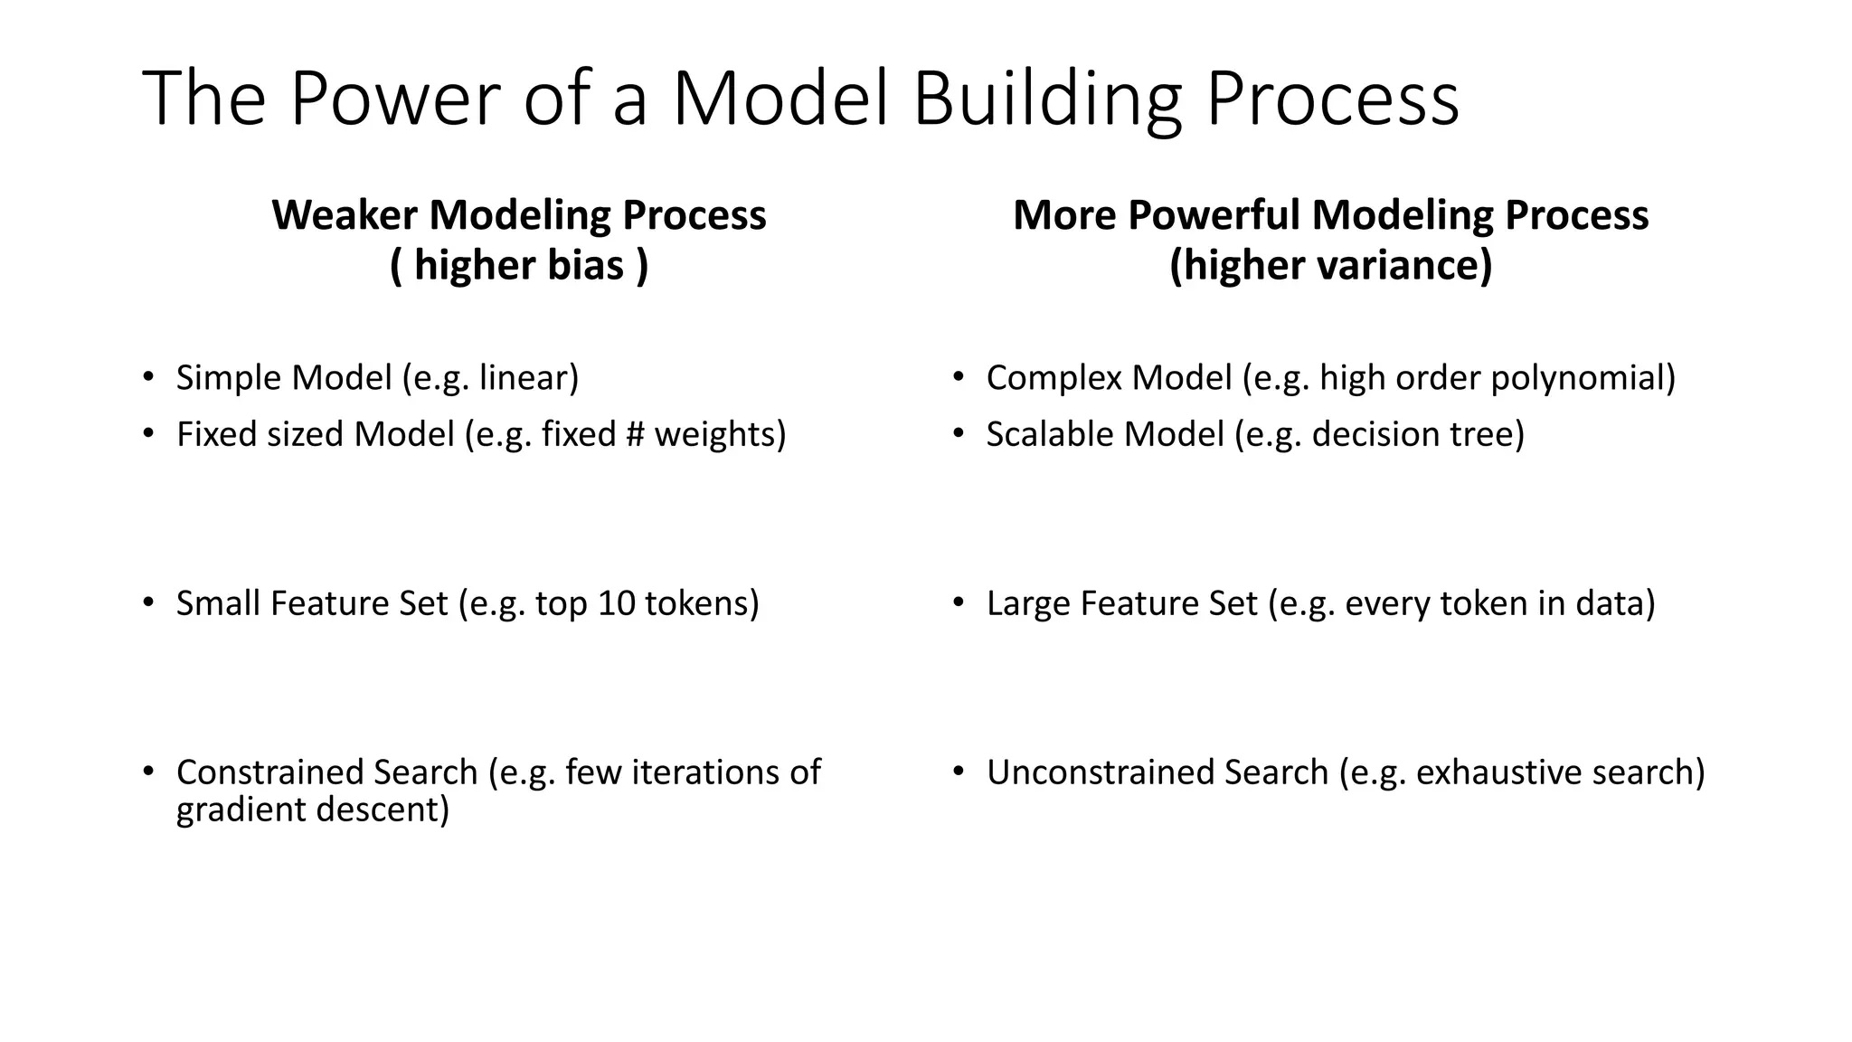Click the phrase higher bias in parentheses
pyautogui.click(x=519, y=266)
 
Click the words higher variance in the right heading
pyautogui.click(x=1330, y=266)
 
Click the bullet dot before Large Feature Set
pyautogui.click(x=959, y=602)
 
